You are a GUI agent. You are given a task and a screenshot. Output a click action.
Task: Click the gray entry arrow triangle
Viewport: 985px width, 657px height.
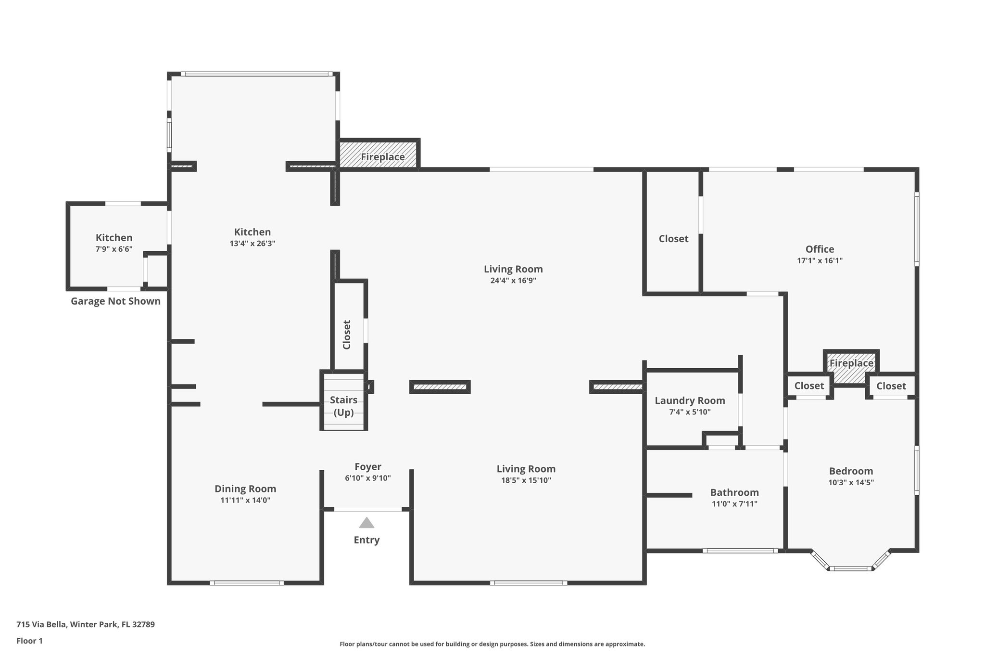[x=366, y=523]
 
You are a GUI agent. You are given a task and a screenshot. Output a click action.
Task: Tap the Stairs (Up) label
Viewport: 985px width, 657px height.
[x=343, y=406]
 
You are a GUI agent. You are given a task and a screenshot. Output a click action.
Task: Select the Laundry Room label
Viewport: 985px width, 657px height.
[x=690, y=400]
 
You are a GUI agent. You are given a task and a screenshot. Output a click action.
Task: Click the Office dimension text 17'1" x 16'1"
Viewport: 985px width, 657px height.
[x=820, y=261]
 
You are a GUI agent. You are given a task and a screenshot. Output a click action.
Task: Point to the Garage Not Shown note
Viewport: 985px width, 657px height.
[x=115, y=301]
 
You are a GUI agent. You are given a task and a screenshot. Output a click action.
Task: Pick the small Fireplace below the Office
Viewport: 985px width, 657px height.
[x=851, y=369]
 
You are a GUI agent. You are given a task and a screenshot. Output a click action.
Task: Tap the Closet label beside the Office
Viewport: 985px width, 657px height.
[x=673, y=239]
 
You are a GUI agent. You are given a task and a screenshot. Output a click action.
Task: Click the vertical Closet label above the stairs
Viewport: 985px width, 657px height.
[x=347, y=335]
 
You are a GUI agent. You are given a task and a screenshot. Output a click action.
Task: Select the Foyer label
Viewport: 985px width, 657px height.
[x=368, y=467]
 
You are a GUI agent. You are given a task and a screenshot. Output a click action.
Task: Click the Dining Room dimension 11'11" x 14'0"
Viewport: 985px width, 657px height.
[x=245, y=501]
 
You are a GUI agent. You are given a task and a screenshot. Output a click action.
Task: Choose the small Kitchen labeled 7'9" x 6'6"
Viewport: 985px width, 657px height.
[x=114, y=243]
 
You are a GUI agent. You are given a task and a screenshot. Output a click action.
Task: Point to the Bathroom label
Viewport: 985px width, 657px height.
[x=734, y=492]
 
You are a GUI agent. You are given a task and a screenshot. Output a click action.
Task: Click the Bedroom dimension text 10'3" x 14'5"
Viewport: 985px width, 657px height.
[x=851, y=483]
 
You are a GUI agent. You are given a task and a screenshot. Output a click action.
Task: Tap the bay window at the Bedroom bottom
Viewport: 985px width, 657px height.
[x=851, y=568]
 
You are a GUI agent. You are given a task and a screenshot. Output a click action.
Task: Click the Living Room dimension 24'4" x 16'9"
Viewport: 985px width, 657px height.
[x=513, y=281]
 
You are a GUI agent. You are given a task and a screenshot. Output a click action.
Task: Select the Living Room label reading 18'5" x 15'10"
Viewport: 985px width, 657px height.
[x=526, y=469]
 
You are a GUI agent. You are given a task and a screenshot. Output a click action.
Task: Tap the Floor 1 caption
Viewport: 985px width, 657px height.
[x=29, y=641]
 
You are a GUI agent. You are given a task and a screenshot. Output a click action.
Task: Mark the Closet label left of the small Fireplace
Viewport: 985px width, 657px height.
[x=809, y=386]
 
